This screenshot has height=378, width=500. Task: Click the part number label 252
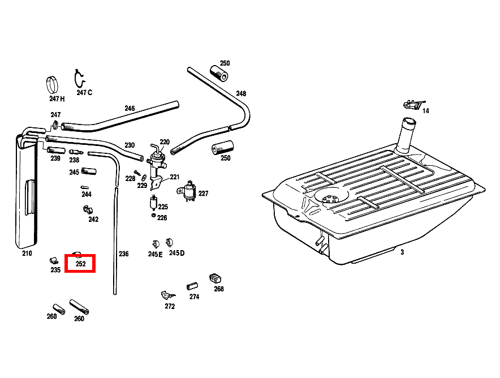(81, 264)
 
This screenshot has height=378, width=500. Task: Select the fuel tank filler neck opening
(409, 122)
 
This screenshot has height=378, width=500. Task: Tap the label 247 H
(57, 99)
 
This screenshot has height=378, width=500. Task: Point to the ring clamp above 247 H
(52, 85)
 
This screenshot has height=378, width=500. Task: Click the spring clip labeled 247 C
(79, 79)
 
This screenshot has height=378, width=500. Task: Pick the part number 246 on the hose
(130, 109)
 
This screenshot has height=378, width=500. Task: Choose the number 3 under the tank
(402, 252)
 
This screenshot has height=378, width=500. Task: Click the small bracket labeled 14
(413, 104)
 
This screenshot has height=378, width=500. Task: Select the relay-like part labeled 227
(188, 191)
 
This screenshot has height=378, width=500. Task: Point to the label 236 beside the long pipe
(124, 254)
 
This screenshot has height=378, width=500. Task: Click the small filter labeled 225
(153, 203)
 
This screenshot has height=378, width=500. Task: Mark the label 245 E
(156, 254)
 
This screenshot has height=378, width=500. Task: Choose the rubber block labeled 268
(215, 278)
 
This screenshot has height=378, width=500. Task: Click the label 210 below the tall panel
(27, 254)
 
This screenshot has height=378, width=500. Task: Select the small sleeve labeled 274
(192, 286)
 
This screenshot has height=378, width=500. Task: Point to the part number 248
(241, 93)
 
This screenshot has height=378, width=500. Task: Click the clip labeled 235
(54, 261)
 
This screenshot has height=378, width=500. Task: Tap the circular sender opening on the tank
(331, 197)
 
